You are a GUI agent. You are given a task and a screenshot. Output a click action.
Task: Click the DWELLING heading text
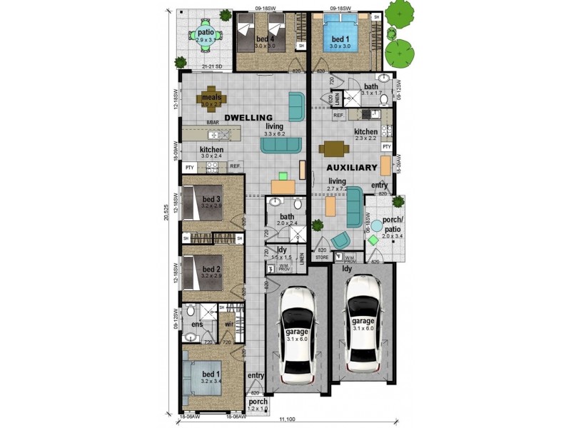(249, 117)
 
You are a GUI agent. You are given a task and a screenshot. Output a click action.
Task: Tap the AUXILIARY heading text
(351, 167)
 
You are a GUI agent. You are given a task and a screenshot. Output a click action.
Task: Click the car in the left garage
(298, 334)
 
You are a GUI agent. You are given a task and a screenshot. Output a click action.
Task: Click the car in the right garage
(363, 322)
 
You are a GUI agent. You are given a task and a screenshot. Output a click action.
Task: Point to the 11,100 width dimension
(288, 421)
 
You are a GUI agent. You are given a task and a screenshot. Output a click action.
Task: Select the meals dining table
(211, 98)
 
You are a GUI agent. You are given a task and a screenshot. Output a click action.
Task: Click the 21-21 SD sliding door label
(212, 67)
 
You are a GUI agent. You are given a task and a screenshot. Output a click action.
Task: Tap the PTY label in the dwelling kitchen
(189, 167)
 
